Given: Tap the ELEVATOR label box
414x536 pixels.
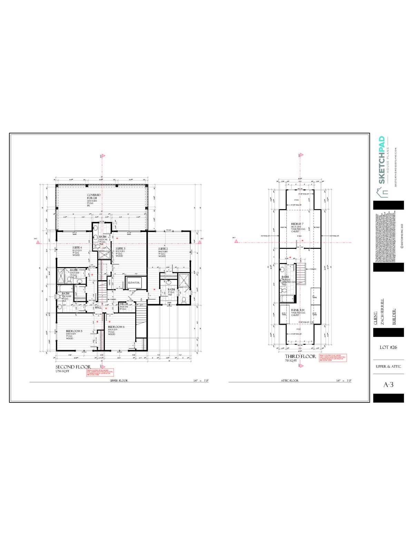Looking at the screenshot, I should [134, 283].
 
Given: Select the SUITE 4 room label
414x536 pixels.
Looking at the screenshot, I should [77, 248].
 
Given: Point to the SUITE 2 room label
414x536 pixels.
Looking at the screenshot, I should [163, 248].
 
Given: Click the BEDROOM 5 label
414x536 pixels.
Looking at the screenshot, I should [74, 331].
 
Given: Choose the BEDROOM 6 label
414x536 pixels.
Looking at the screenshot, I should [116, 327].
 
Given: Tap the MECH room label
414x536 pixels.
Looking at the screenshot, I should [124, 304].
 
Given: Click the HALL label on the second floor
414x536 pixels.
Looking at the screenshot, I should [98, 307].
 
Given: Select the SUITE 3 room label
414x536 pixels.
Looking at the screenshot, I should [120, 248].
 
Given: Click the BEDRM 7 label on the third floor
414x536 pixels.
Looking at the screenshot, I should [297, 224].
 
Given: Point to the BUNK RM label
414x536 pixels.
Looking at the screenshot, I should [298, 310].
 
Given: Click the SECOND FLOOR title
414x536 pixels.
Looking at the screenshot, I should [73, 367].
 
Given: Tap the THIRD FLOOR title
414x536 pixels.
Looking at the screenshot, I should [300, 356].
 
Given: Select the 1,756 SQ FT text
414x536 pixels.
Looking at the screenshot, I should [62, 371].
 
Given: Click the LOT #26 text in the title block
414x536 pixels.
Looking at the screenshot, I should [388, 347].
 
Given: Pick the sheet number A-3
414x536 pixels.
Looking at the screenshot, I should [388, 384].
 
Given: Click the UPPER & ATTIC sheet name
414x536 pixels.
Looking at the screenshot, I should [388, 367].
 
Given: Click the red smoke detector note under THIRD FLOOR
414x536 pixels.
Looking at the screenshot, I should [333, 358].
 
